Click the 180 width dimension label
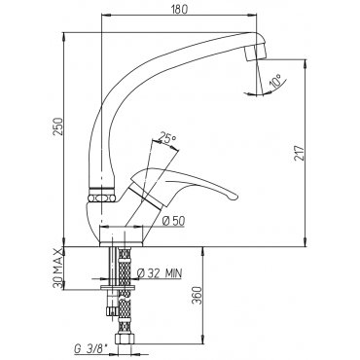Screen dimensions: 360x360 click(179, 9)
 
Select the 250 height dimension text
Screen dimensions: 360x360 click(58, 126)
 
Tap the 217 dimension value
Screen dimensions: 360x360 click(300, 153)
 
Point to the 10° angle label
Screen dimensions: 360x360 click(276, 81)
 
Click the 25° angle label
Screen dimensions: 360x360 click(167, 139)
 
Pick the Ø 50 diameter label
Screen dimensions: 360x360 click(173, 221)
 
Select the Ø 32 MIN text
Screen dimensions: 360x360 click(160, 273)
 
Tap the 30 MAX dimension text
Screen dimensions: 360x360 click(57, 268)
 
